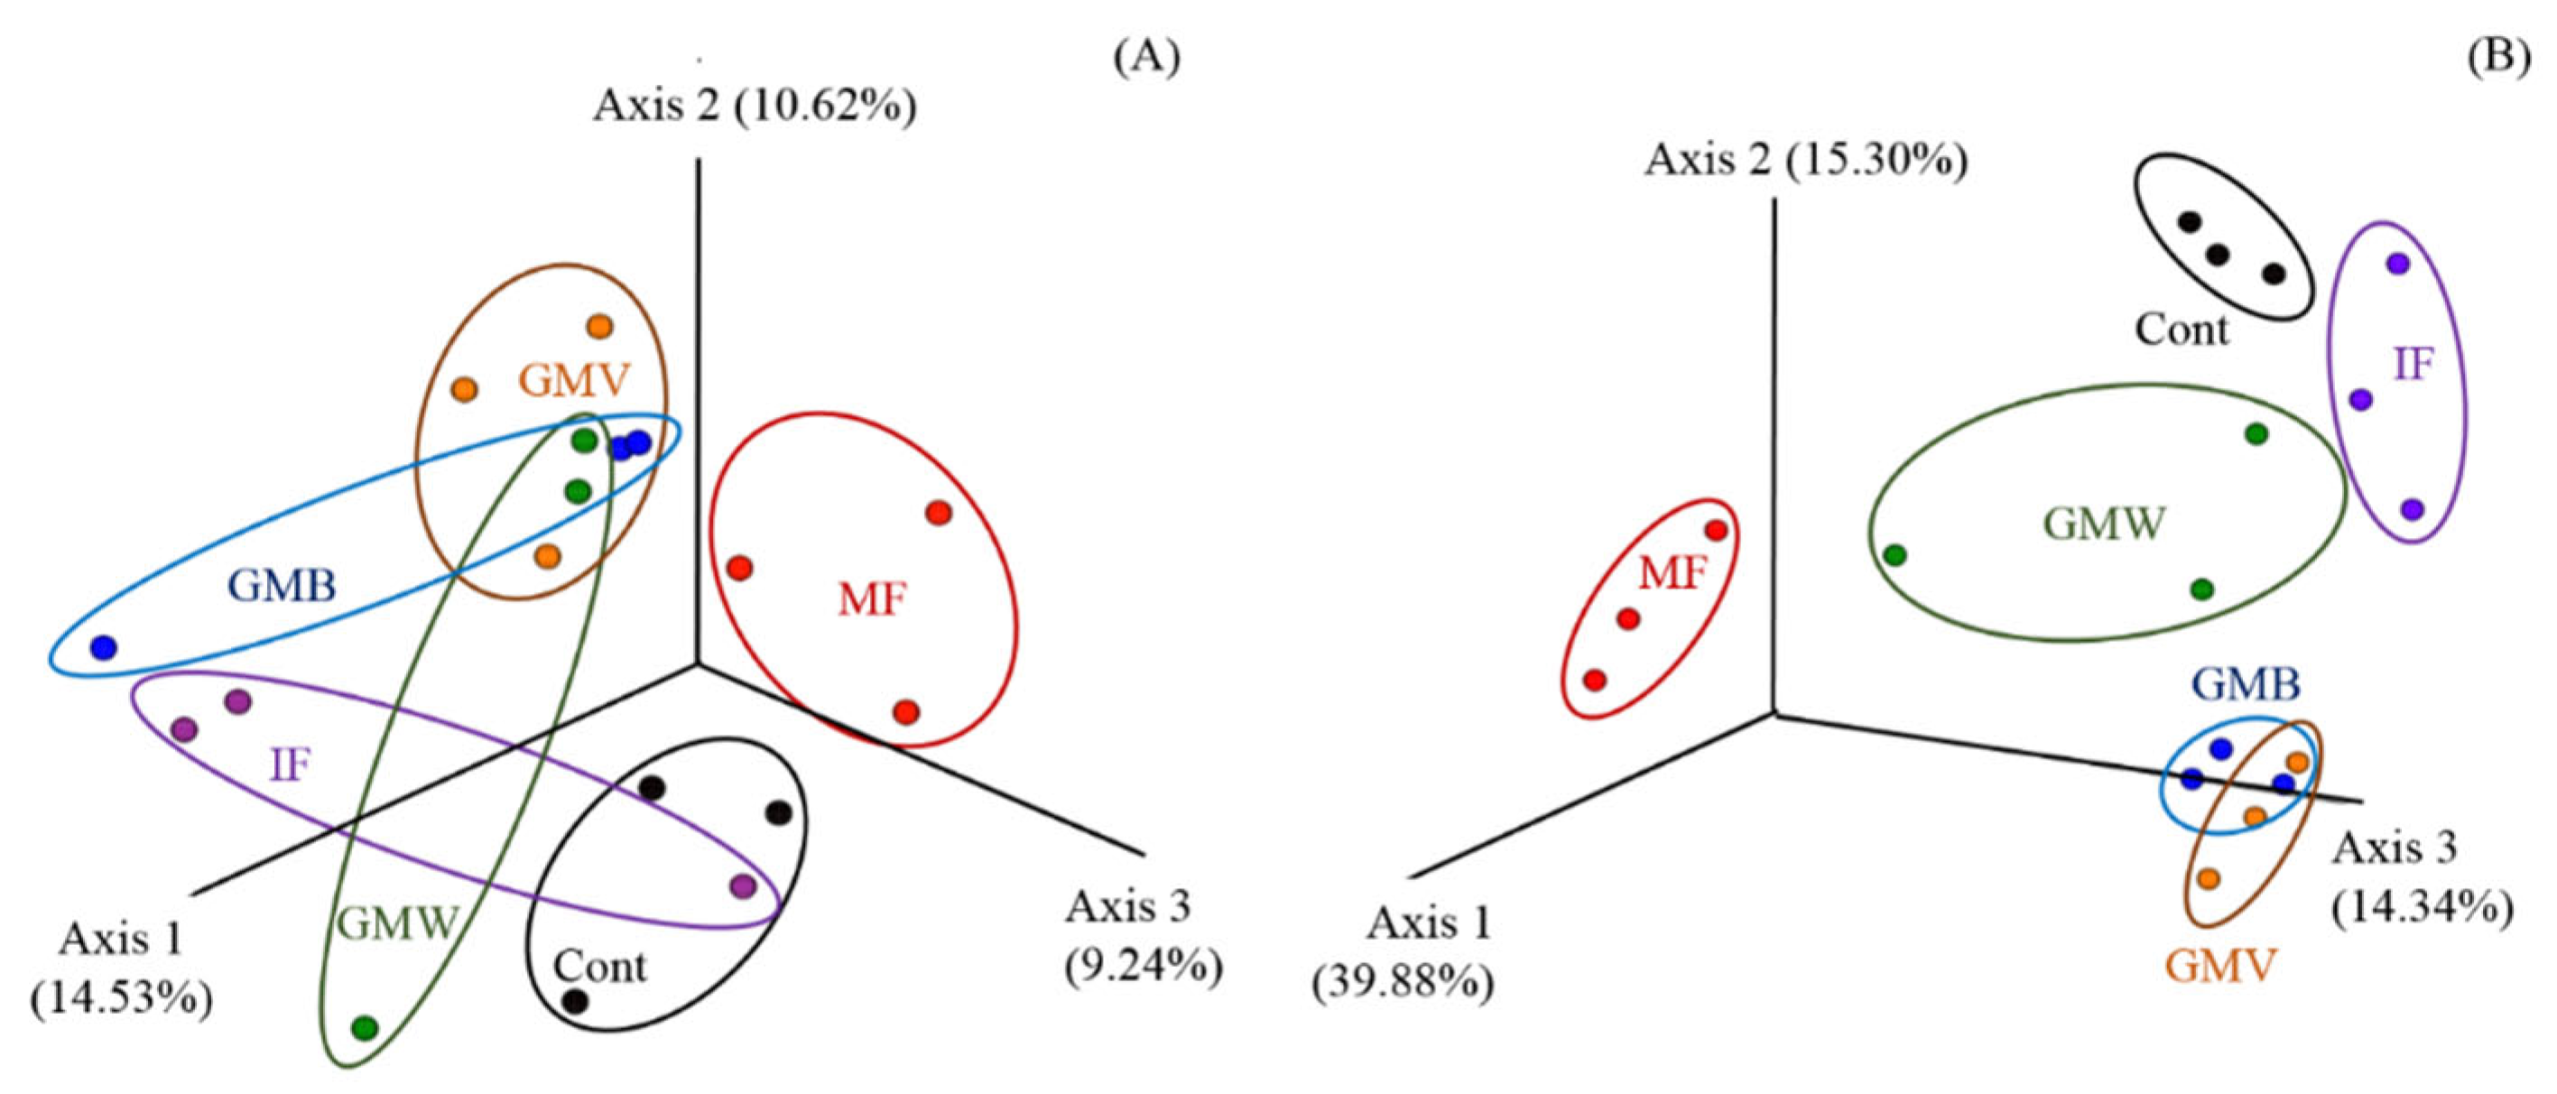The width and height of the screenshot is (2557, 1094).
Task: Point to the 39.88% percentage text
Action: tap(1404, 984)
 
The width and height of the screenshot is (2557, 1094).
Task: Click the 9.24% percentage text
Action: tap(1144, 967)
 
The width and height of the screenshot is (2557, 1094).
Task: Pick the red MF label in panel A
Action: tap(872, 599)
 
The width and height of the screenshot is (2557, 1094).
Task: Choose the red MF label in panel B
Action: tap(1672, 574)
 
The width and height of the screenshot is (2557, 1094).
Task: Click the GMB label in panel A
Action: tap(282, 586)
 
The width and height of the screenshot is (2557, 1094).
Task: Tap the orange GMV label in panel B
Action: tap(2219, 965)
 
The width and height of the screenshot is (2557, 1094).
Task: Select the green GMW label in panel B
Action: tap(2105, 524)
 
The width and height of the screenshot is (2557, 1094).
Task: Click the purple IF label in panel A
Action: tap(290, 765)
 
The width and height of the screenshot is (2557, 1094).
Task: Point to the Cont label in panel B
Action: tap(2182, 329)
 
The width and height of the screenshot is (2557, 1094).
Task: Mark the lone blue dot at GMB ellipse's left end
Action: tap(103, 648)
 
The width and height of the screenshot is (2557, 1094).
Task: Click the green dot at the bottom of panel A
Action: tap(366, 1027)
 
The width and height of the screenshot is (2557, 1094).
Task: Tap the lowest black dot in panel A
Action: tap(575, 1002)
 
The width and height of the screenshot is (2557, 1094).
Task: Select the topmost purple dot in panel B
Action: tap(2398, 264)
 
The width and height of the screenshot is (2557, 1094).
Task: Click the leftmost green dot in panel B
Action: tap(1895, 555)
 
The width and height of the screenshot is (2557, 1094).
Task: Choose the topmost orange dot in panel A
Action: tap(599, 326)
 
